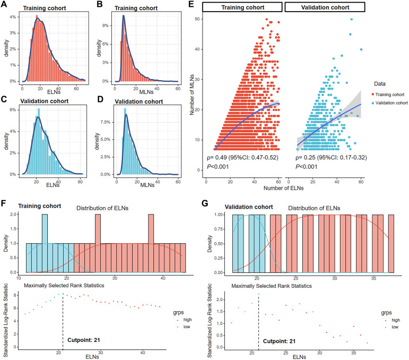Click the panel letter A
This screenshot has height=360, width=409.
(x=4, y=4)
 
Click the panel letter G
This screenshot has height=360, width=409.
(x=205, y=203)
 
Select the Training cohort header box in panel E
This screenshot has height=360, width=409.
(x=242, y=7)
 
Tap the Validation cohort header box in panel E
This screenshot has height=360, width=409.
(x=325, y=7)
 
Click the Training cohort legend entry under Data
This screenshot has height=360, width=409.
(x=388, y=95)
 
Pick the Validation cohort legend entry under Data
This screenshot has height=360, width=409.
(x=390, y=103)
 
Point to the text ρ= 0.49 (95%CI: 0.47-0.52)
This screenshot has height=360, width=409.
(x=242, y=157)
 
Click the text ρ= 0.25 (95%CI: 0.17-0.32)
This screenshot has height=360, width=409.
(x=331, y=157)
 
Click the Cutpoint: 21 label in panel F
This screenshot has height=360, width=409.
(x=84, y=340)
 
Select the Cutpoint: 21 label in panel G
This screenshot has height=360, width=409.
(x=280, y=341)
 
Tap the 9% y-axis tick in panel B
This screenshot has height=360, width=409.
(x=106, y=25)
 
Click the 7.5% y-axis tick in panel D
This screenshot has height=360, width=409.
(x=106, y=122)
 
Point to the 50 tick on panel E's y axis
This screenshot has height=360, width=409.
(x=197, y=19)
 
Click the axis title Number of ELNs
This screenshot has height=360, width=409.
(x=283, y=188)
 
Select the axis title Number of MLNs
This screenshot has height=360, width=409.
(x=192, y=95)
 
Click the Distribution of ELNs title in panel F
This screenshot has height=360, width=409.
(x=102, y=208)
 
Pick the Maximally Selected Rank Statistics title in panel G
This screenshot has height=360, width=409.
(x=272, y=286)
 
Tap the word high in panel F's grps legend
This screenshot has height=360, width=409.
(x=187, y=320)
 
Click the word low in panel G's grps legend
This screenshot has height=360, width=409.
(x=395, y=327)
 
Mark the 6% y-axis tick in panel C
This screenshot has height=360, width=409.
(x=13, y=110)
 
